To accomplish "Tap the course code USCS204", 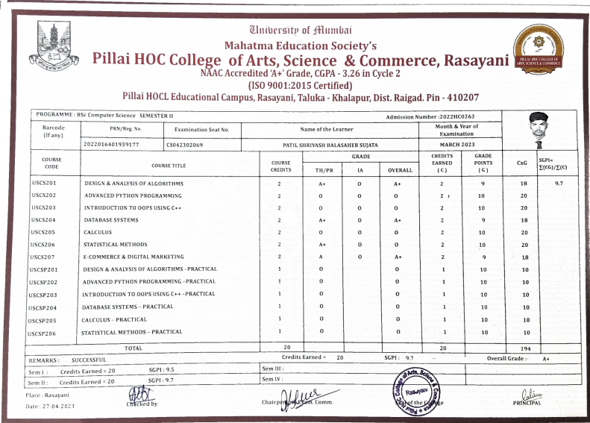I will coord(45,220).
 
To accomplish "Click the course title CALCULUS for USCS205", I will coord(99,232).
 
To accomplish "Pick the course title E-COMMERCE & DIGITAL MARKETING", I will coord(134,256).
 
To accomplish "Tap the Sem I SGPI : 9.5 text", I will coord(160,369).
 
